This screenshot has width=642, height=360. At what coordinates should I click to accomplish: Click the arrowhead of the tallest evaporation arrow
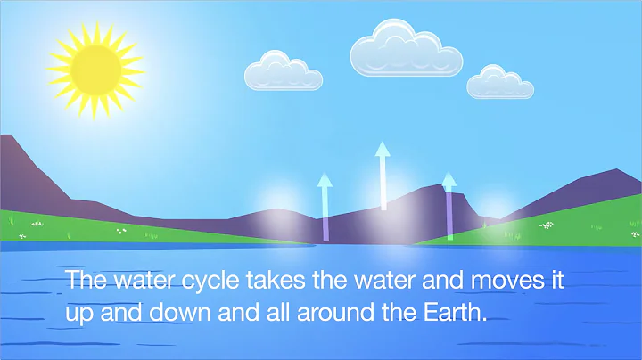pyautogui.click(x=383, y=149)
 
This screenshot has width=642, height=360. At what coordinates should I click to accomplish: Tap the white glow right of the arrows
pyautogui.click(x=493, y=210)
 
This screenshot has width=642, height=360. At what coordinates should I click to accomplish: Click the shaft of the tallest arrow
pyautogui.click(x=383, y=183)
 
